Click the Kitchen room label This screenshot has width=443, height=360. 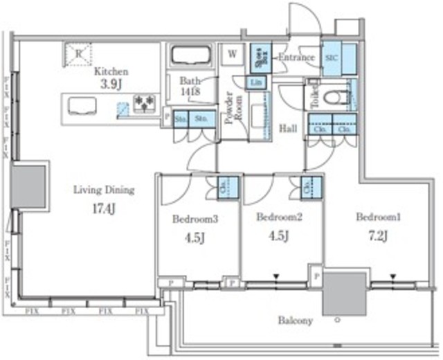pyautogui.click(x=111, y=71)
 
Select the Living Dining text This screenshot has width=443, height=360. pyautogui.click(x=104, y=190)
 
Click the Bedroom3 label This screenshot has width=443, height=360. pyautogui.click(x=195, y=219)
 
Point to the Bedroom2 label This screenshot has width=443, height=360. pyautogui.click(x=275, y=217)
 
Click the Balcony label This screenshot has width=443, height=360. pyautogui.click(x=296, y=321)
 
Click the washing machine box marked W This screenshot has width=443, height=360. pyautogui.click(x=231, y=53)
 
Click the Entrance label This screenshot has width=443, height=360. pyautogui.click(x=296, y=57)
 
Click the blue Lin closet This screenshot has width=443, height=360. pyautogui.click(x=255, y=83)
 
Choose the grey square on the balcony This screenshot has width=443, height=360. pyautogui.click(x=345, y=294)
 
